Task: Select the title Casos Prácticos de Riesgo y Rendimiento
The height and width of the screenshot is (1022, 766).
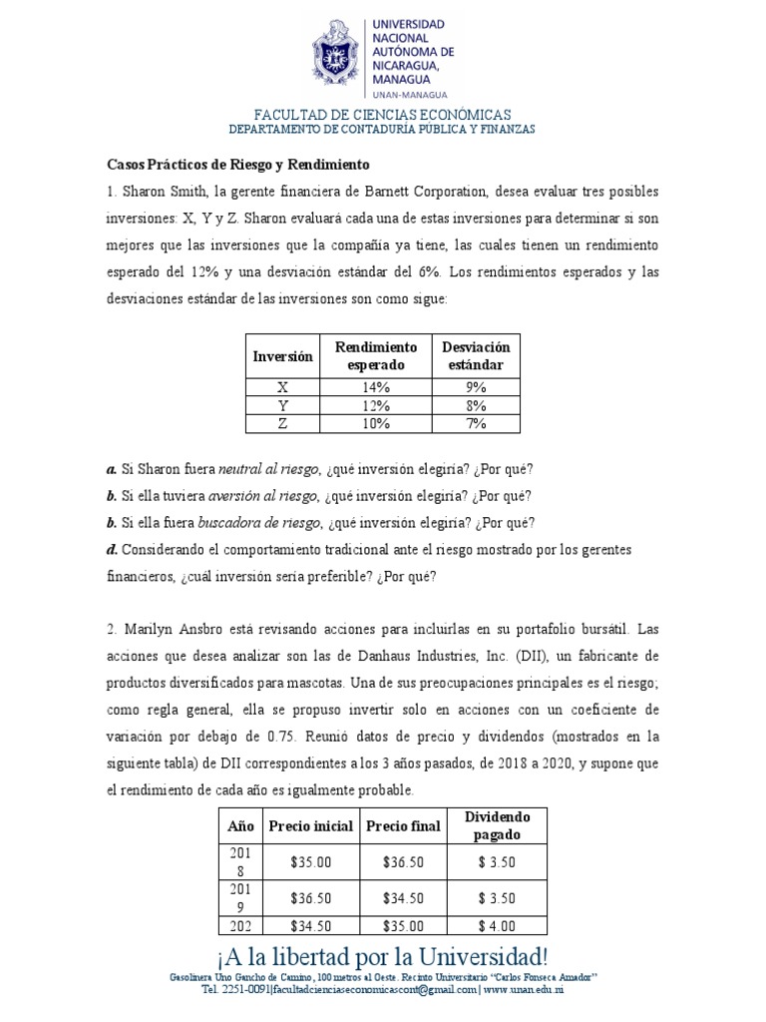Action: tap(238, 164)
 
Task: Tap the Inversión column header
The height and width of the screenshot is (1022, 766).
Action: tap(282, 356)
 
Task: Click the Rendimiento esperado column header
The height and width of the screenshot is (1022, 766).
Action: tap(376, 356)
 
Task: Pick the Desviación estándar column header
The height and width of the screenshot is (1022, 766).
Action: tap(475, 356)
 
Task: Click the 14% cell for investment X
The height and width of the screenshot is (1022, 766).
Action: tap(376, 388)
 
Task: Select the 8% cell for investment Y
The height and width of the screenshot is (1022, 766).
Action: tap(475, 406)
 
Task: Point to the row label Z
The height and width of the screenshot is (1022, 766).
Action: tap(282, 424)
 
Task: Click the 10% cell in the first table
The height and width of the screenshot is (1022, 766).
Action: tap(376, 424)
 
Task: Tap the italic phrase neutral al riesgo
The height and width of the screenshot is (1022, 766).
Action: tap(268, 469)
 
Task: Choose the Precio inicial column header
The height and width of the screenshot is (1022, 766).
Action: tap(310, 825)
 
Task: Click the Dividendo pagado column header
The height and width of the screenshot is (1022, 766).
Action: tap(497, 825)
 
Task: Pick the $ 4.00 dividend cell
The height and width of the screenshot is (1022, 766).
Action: tap(497, 925)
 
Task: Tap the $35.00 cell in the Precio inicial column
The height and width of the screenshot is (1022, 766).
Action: tap(310, 859)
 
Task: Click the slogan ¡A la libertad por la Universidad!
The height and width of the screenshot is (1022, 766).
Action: tap(383, 954)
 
